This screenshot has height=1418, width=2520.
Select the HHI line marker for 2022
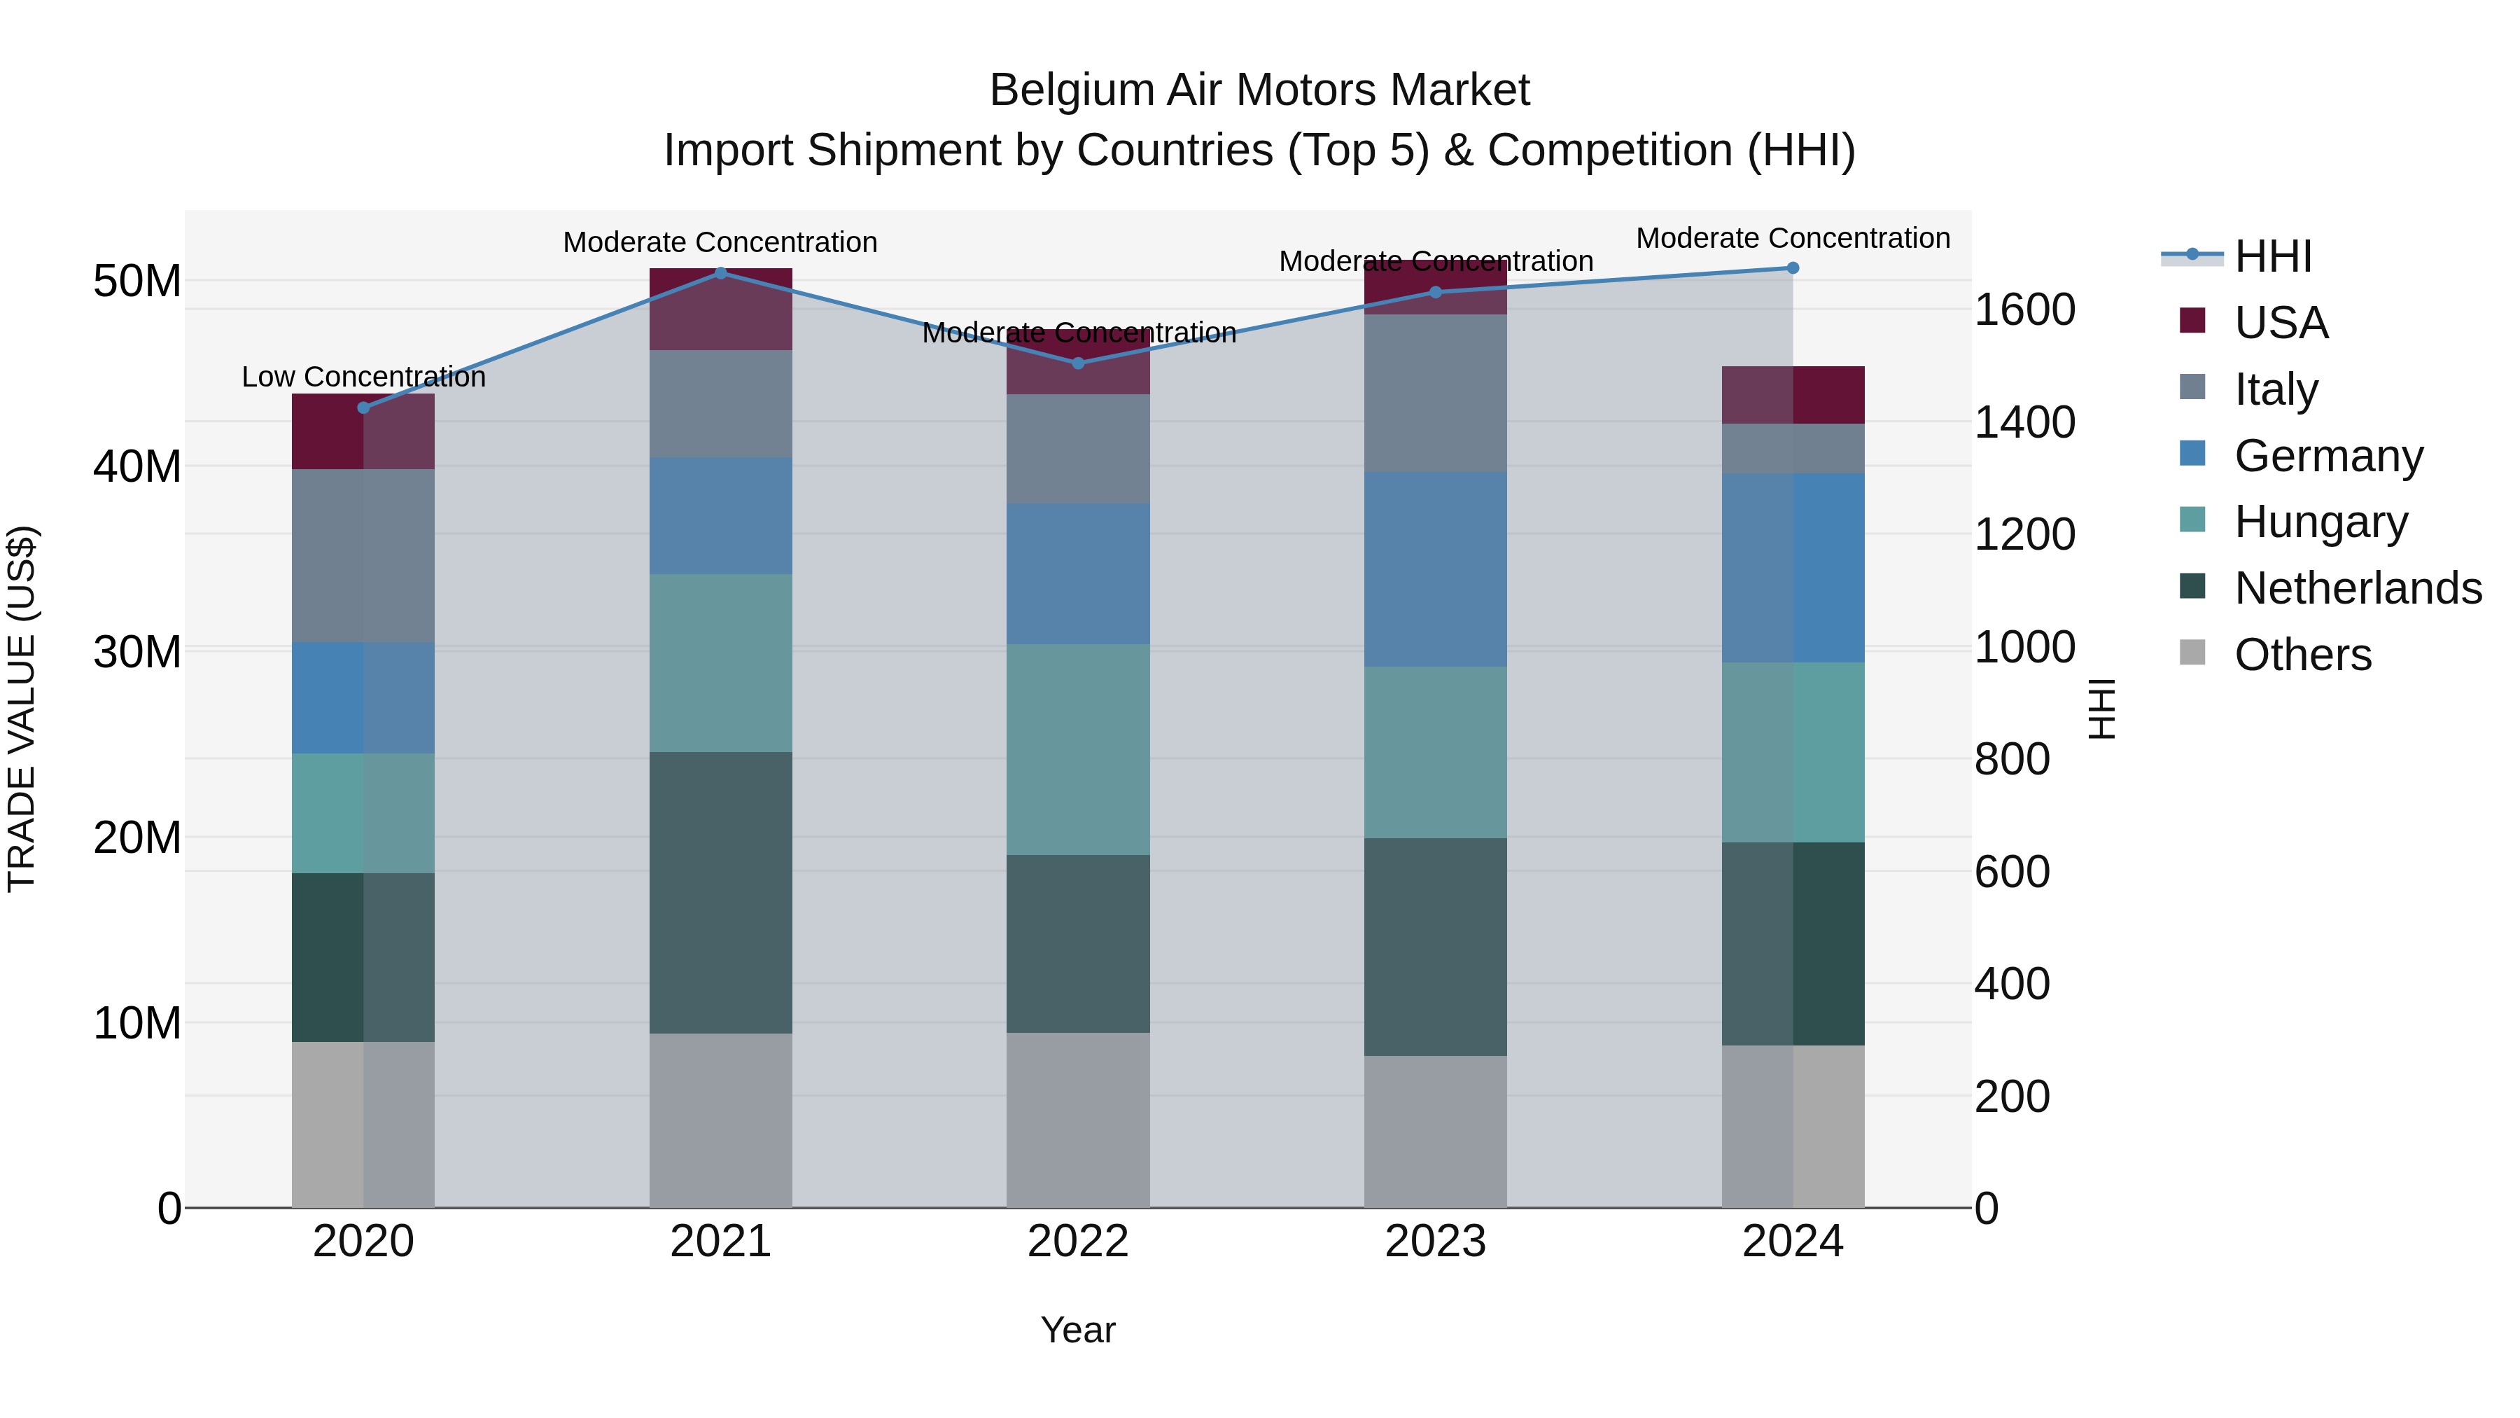[1078, 363]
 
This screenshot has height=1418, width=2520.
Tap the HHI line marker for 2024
[1792, 268]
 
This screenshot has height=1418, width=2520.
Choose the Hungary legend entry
[2320, 522]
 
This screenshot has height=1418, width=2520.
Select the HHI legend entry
[2272, 256]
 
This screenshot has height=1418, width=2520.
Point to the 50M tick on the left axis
[137, 281]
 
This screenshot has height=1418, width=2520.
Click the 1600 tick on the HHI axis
[2024, 310]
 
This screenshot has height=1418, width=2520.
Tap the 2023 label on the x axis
[1435, 1242]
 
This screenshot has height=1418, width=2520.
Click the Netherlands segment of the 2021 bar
[721, 893]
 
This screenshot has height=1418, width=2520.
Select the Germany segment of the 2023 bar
[1435, 569]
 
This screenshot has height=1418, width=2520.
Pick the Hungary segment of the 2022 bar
[1078, 749]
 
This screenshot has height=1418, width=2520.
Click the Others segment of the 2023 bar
[1435, 1132]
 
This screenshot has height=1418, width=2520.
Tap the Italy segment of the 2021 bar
[721, 403]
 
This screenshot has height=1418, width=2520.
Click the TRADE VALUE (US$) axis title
[22, 709]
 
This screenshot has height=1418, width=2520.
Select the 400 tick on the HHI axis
[2011, 985]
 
